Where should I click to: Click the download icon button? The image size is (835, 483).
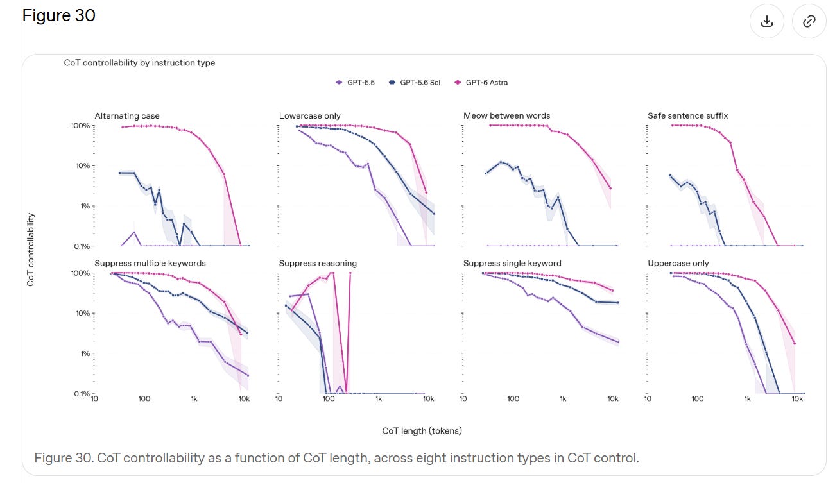(766, 21)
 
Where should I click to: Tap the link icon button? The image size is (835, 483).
(809, 21)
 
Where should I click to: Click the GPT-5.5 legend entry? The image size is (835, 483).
(356, 83)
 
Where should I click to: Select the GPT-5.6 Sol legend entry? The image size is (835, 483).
(415, 83)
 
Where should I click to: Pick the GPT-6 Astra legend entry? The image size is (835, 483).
(481, 83)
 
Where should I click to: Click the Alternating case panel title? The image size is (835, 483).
(127, 116)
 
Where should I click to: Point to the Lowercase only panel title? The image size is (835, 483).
(310, 116)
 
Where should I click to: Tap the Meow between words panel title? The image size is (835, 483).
(506, 116)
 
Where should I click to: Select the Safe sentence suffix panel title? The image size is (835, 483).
(688, 116)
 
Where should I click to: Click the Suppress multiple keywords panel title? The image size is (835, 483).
(150, 264)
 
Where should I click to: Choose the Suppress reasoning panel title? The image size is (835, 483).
(318, 264)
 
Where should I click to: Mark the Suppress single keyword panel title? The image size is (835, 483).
(512, 264)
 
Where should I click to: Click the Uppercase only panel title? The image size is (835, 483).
(678, 264)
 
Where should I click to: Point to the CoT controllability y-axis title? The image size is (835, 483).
(30, 250)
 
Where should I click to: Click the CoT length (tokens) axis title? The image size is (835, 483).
(422, 431)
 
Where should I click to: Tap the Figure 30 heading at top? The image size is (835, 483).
(59, 15)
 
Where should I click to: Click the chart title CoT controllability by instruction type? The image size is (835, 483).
(139, 63)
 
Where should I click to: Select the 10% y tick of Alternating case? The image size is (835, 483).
(83, 166)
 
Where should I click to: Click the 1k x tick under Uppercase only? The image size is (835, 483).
(748, 399)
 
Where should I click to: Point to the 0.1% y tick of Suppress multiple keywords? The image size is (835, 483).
(82, 394)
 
